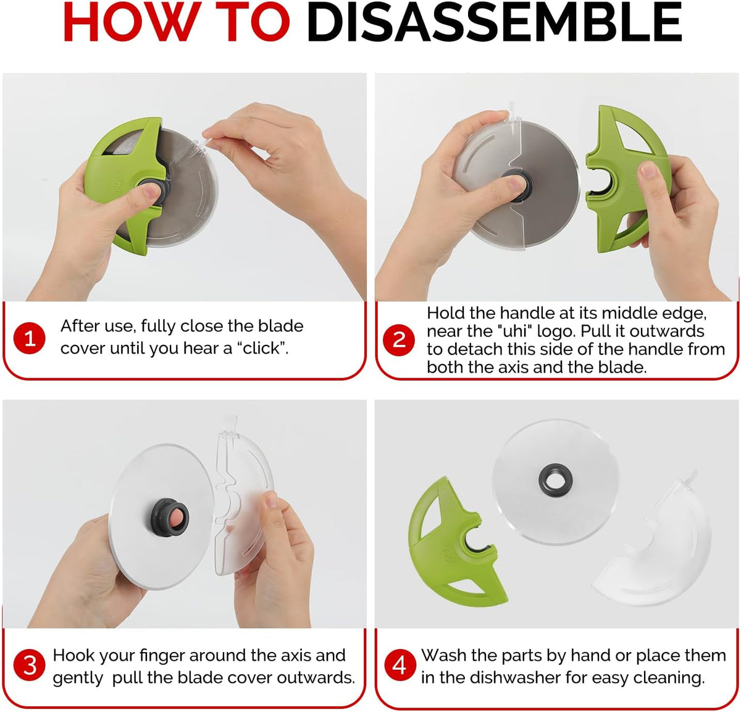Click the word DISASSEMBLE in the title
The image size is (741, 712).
click(x=494, y=22)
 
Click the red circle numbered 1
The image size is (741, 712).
click(x=29, y=338)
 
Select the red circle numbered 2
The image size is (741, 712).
click(x=399, y=339)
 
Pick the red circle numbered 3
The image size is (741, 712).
click(x=29, y=666)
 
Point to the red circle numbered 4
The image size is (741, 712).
click(x=399, y=666)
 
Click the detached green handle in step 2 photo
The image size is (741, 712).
click(x=624, y=179)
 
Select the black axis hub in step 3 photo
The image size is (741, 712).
click(x=169, y=517)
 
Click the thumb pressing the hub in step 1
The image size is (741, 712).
click(x=143, y=195)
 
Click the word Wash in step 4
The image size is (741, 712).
click(x=443, y=655)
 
